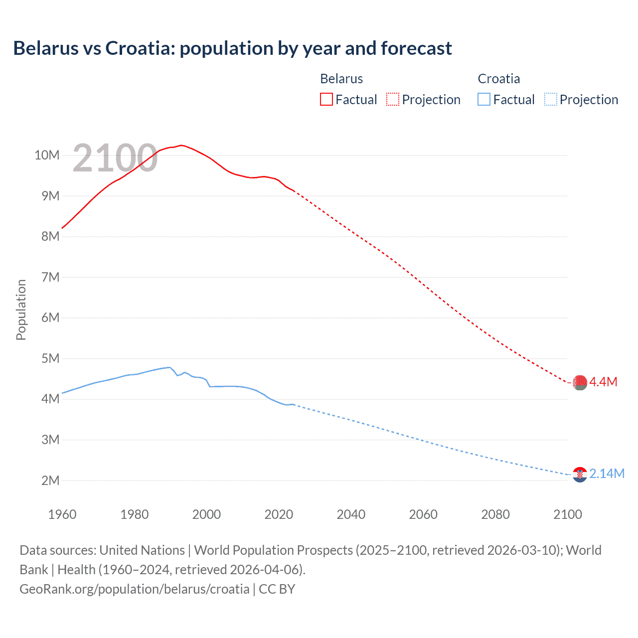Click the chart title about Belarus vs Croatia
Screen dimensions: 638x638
[x=232, y=48]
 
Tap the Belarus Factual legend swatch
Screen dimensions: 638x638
[x=326, y=99]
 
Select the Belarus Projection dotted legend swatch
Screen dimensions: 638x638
[x=393, y=99]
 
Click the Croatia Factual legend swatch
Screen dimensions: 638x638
[x=484, y=99]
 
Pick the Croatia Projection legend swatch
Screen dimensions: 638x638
[x=551, y=99]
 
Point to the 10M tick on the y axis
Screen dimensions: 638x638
[x=47, y=155]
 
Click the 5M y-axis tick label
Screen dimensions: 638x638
[x=50, y=358]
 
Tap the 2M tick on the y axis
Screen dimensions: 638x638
[x=50, y=480]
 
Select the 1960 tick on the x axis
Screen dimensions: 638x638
[x=62, y=514]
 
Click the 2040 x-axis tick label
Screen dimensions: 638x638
[x=351, y=514]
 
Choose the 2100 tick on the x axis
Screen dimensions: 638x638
[x=567, y=514]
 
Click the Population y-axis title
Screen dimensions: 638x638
[x=21, y=310]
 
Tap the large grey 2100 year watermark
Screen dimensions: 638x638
[x=115, y=158]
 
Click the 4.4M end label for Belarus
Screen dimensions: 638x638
[x=604, y=382]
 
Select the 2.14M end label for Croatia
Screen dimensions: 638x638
[x=607, y=474]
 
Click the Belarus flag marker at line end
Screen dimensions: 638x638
[x=580, y=382]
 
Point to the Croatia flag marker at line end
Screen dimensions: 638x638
[x=580, y=475]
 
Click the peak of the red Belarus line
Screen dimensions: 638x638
[x=181, y=145]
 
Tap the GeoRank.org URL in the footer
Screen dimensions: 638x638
[x=135, y=589]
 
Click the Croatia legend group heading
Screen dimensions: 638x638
[x=498, y=79]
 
